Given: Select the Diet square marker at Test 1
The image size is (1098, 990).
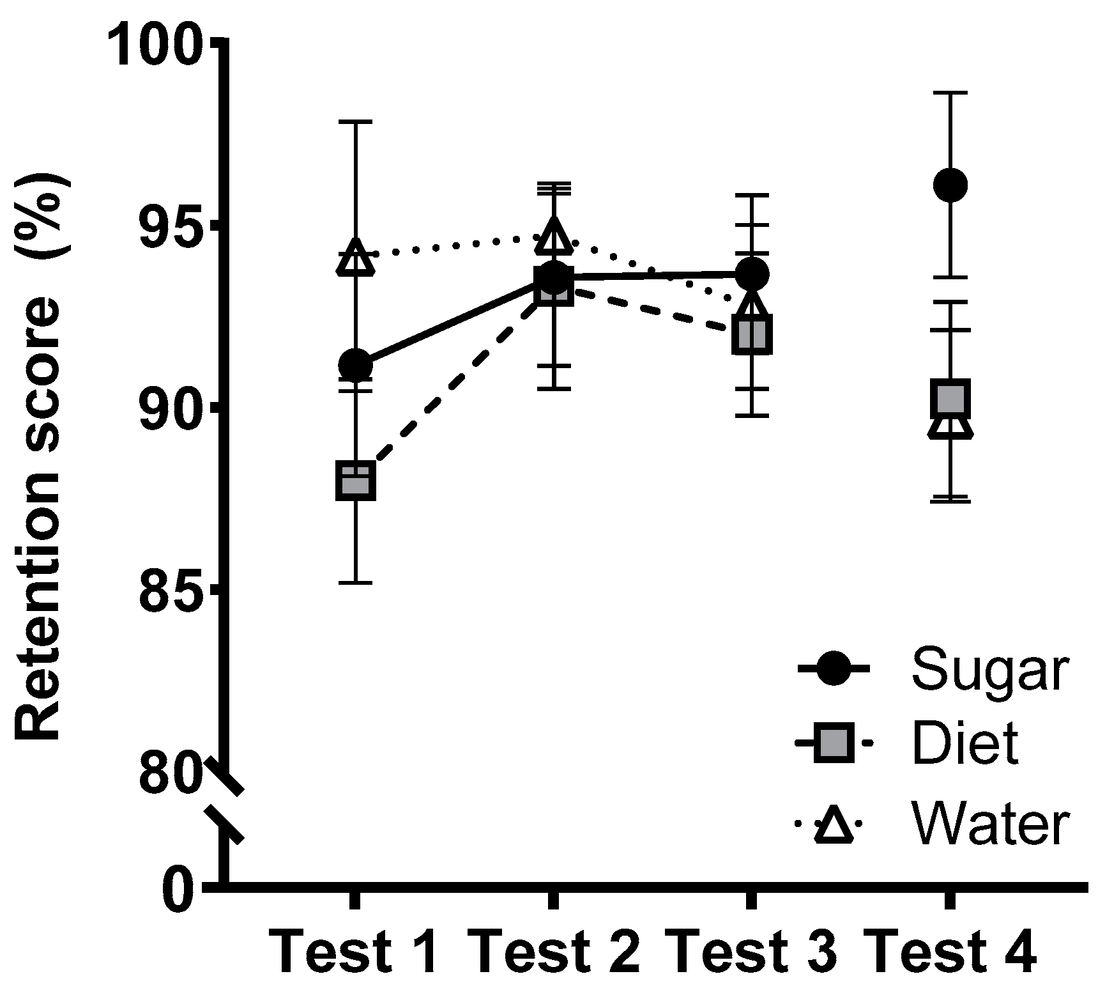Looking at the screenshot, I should [355, 481].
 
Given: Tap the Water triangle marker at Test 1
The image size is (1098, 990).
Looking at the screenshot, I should [355, 258].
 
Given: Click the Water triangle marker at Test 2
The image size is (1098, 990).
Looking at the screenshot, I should [553, 236].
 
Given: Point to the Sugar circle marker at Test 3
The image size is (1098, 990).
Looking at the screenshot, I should [752, 274].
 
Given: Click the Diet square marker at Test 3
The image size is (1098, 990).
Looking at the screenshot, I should [752, 334].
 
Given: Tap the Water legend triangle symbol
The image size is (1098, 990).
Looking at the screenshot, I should [834, 826].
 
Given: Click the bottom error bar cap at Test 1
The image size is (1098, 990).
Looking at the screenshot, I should [355, 583].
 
